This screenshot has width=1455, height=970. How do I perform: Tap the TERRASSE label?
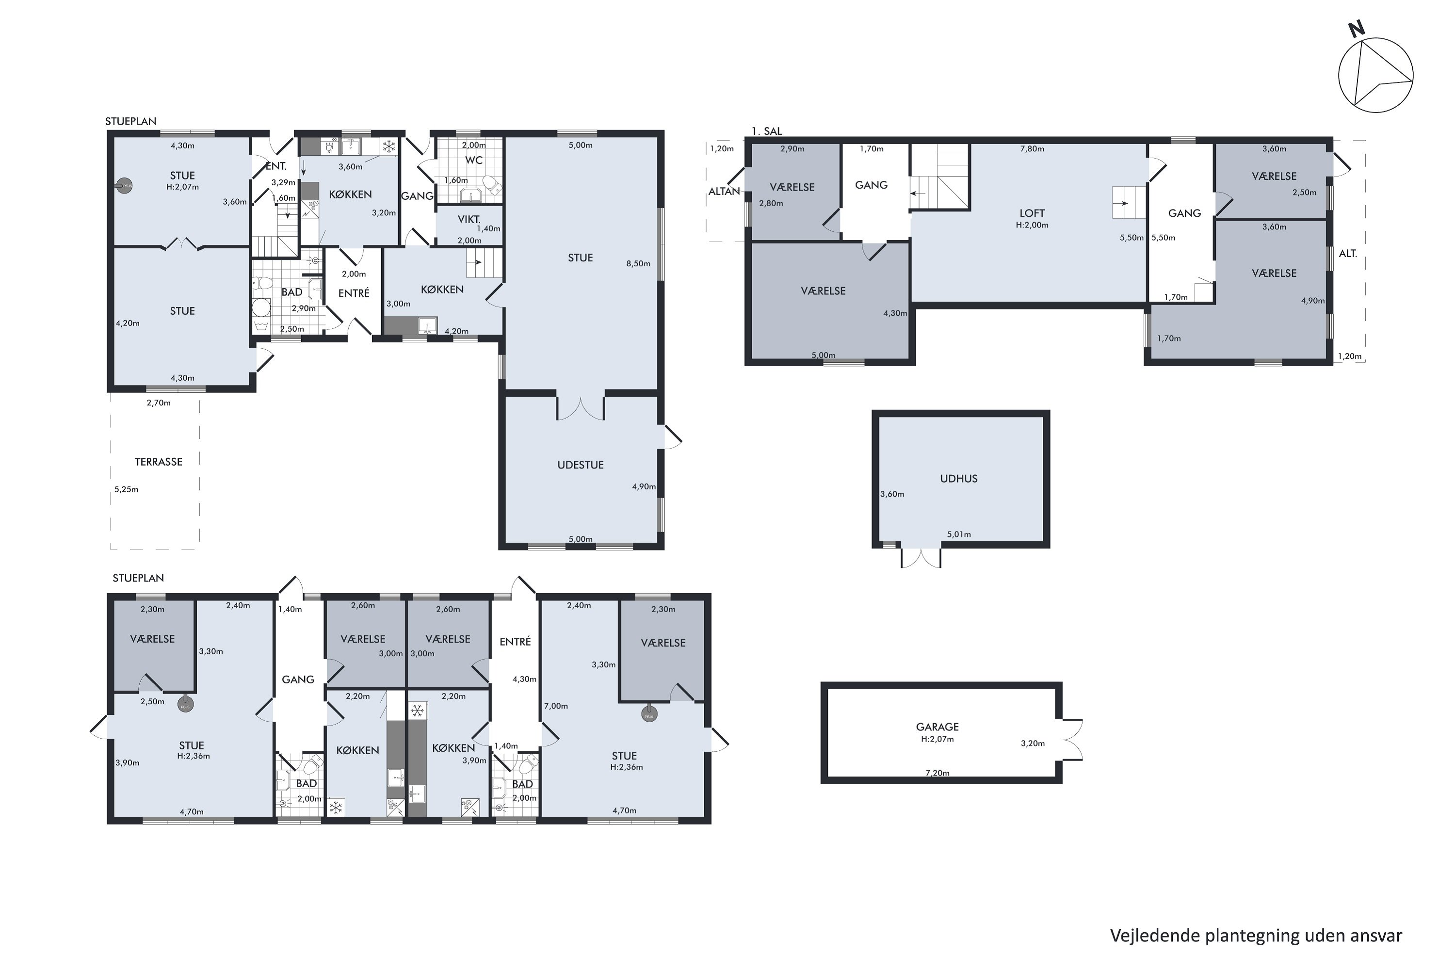[x=159, y=462]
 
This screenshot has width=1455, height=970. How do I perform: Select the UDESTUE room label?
[x=580, y=465]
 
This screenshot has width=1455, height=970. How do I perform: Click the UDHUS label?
[x=959, y=479]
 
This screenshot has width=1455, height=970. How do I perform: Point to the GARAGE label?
[x=937, y=727]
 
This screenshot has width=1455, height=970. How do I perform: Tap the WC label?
[x=474, y=160]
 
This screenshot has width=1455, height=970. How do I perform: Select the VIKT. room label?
[x=469, y=220]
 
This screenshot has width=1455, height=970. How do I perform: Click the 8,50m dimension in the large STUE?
[x=638, y=263]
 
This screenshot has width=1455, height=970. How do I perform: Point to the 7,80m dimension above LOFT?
[x=1032, y=149]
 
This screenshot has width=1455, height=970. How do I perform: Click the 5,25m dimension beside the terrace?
[x=126, y=489]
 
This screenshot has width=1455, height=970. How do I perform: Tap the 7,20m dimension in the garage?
[x=937, y=773]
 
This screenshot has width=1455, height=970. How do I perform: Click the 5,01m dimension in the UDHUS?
[x=959, y=534]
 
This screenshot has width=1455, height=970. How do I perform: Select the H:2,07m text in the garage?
[x=937, y=739]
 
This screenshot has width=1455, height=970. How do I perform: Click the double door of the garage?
[x=1072, y=739]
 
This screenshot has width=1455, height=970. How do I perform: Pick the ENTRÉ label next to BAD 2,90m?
[x=354, y=293]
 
